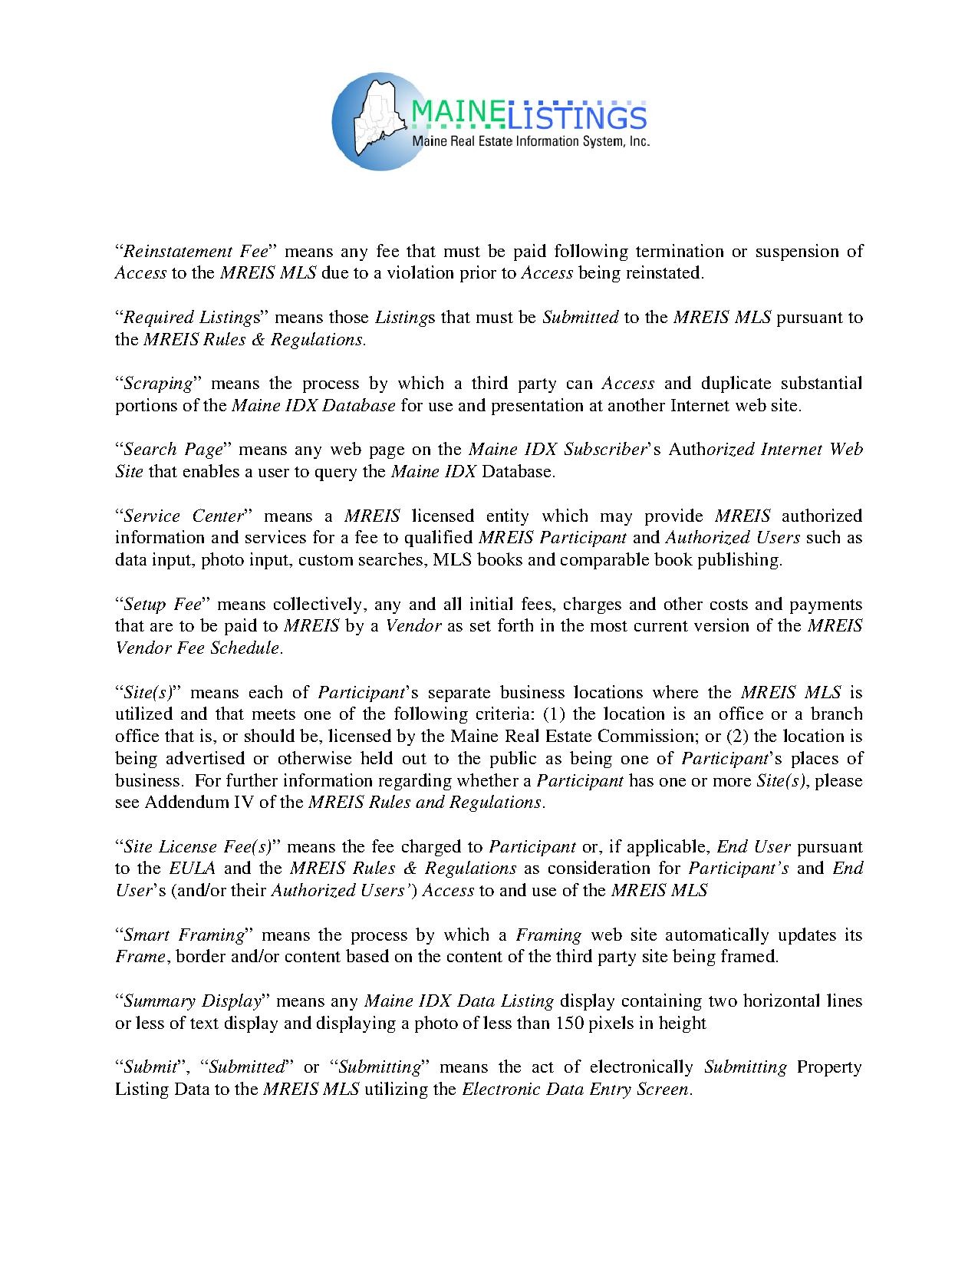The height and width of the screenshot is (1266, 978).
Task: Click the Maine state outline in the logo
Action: pos(377,115)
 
